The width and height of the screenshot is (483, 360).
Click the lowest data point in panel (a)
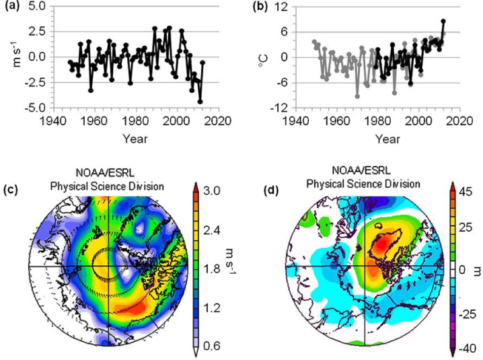pos(200,102)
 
